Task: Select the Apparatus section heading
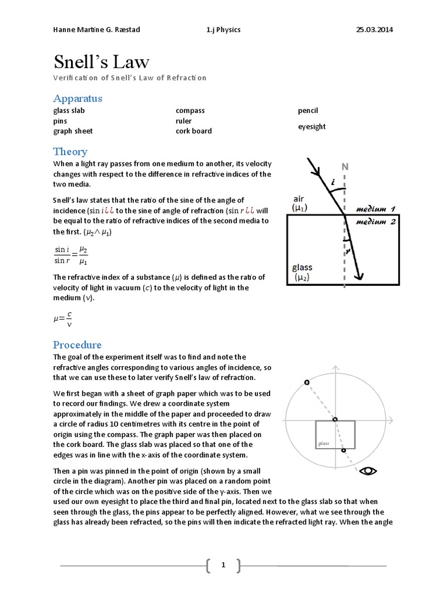pos(77,98)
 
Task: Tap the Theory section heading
pos(70,151)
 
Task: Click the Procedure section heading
pos(77,344)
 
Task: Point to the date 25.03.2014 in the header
pos(374,30)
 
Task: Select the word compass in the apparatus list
pos(190,111)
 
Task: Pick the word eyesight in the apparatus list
pos(312,126)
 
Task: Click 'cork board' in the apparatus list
pos(193,131)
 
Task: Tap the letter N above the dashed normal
pos(345,167)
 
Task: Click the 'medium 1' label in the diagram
pos(375,209)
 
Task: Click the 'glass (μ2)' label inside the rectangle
pos(302,272)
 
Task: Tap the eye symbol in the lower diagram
pos(368,471)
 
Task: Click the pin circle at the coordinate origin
pos(334,419)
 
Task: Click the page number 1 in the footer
pos(223,564)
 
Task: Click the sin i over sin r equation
pos(71,255)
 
